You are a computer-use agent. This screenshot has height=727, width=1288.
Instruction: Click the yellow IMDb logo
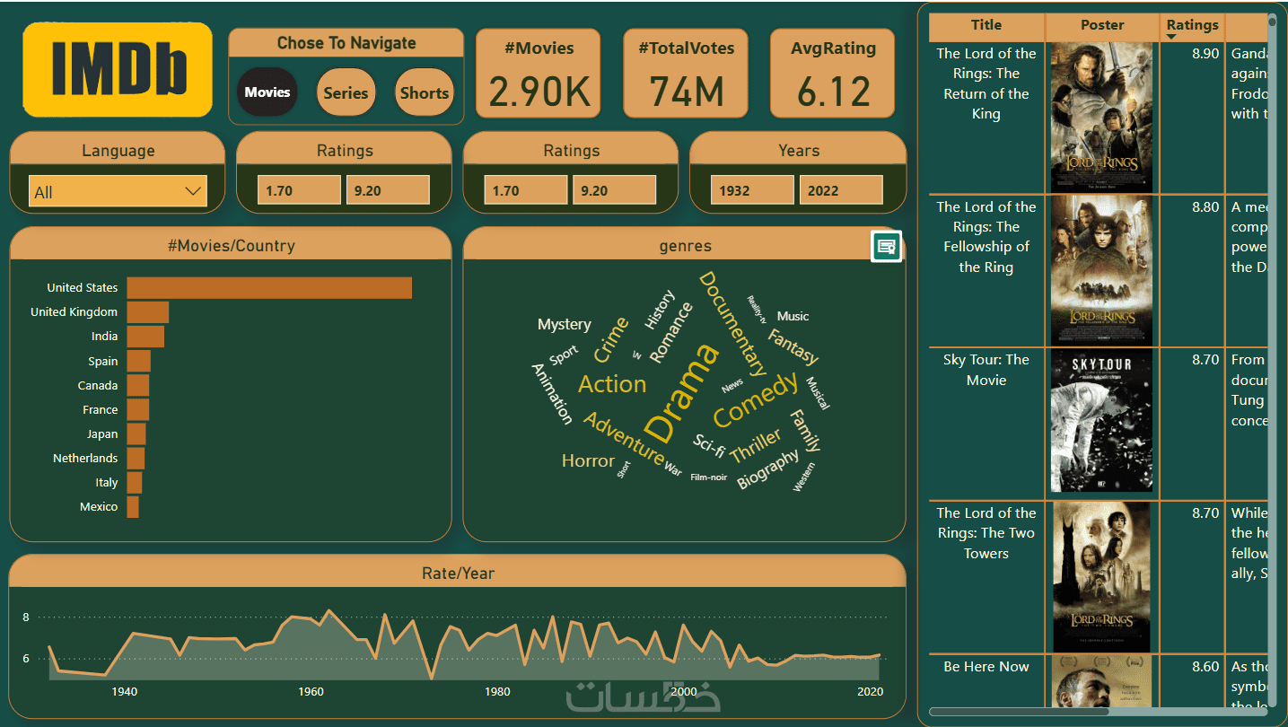tap(118, 70)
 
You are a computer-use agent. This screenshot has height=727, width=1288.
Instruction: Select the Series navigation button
tap(346, 92)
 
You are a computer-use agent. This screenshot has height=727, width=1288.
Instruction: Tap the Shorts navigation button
tap(425, 92)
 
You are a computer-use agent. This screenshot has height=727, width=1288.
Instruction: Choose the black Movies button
tap(267, 92)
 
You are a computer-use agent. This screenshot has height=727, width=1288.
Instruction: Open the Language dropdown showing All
tap(118, 191)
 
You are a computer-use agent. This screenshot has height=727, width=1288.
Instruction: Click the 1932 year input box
tap(752, 190)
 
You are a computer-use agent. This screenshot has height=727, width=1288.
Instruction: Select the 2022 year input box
tap(840, 190)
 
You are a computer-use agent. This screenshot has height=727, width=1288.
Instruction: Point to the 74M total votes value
tap(686, 92)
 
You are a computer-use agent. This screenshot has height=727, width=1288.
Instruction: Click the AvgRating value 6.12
tap(833, 92)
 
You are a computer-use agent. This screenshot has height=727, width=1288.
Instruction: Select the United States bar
tap(269, 288)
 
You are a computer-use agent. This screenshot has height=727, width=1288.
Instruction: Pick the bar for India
tap(145, 337)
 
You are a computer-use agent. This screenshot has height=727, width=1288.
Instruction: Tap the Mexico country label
tap(99, 507)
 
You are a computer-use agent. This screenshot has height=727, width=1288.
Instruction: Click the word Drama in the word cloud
tap(682, 393)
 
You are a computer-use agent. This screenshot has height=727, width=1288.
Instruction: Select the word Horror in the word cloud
tap(588, 460)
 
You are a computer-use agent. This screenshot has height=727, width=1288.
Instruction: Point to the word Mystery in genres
tap(564, 324)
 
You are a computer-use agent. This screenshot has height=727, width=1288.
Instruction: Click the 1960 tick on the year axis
tap(311, 692)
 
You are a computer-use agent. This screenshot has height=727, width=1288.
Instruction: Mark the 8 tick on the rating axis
tap(26, 618)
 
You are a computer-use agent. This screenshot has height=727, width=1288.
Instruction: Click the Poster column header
tap(1102, 25)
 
